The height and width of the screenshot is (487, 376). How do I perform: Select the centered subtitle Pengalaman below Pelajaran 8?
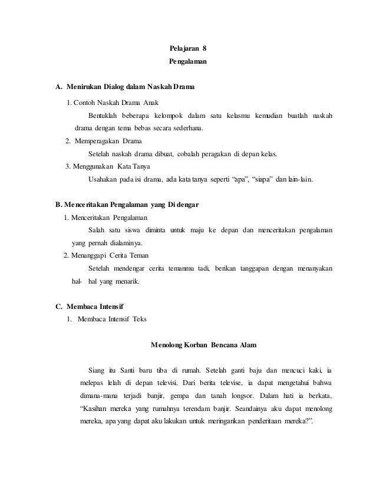(x=188, y=61)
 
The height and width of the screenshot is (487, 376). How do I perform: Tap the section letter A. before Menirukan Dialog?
(x=58, y=88)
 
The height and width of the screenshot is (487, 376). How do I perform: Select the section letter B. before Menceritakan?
(x=58, y=205)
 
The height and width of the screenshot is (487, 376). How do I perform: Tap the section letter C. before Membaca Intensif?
(x=58, y=305)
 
